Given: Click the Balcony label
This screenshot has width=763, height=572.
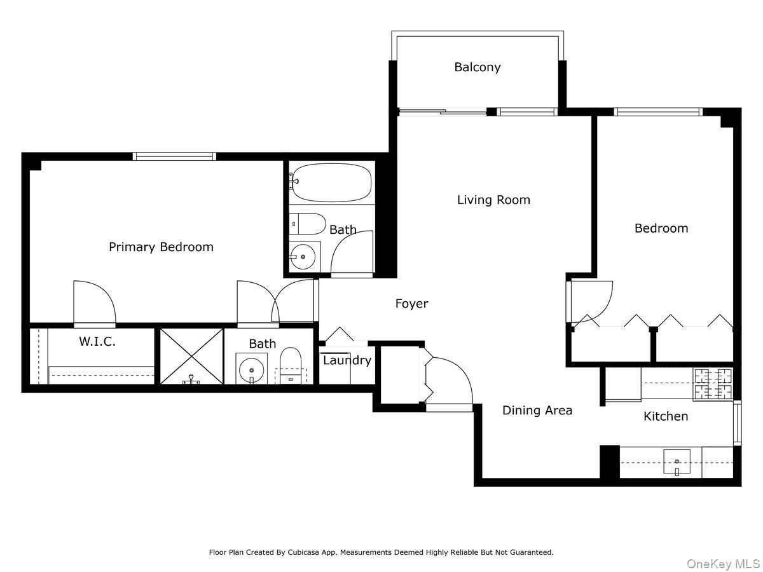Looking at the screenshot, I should [477, 67].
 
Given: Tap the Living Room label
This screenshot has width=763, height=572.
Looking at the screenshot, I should [493, 200].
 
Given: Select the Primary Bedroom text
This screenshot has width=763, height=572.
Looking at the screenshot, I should [161, 247].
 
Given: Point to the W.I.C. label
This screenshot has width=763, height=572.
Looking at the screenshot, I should [97, 342].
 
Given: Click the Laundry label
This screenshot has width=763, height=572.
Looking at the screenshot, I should [347, 361].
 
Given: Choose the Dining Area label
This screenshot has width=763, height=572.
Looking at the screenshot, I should [537, 411].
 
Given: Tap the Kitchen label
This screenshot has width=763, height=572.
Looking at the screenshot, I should [666, 416].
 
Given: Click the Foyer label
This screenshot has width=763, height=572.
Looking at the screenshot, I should [411, 304].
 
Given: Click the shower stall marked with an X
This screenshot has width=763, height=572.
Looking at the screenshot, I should [191, 356].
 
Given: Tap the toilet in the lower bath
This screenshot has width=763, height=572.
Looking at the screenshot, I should [291, 367].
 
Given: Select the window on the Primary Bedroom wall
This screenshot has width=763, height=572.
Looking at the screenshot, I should [174, 156].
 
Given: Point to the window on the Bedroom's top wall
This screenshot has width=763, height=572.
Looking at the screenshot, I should [658, 112].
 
